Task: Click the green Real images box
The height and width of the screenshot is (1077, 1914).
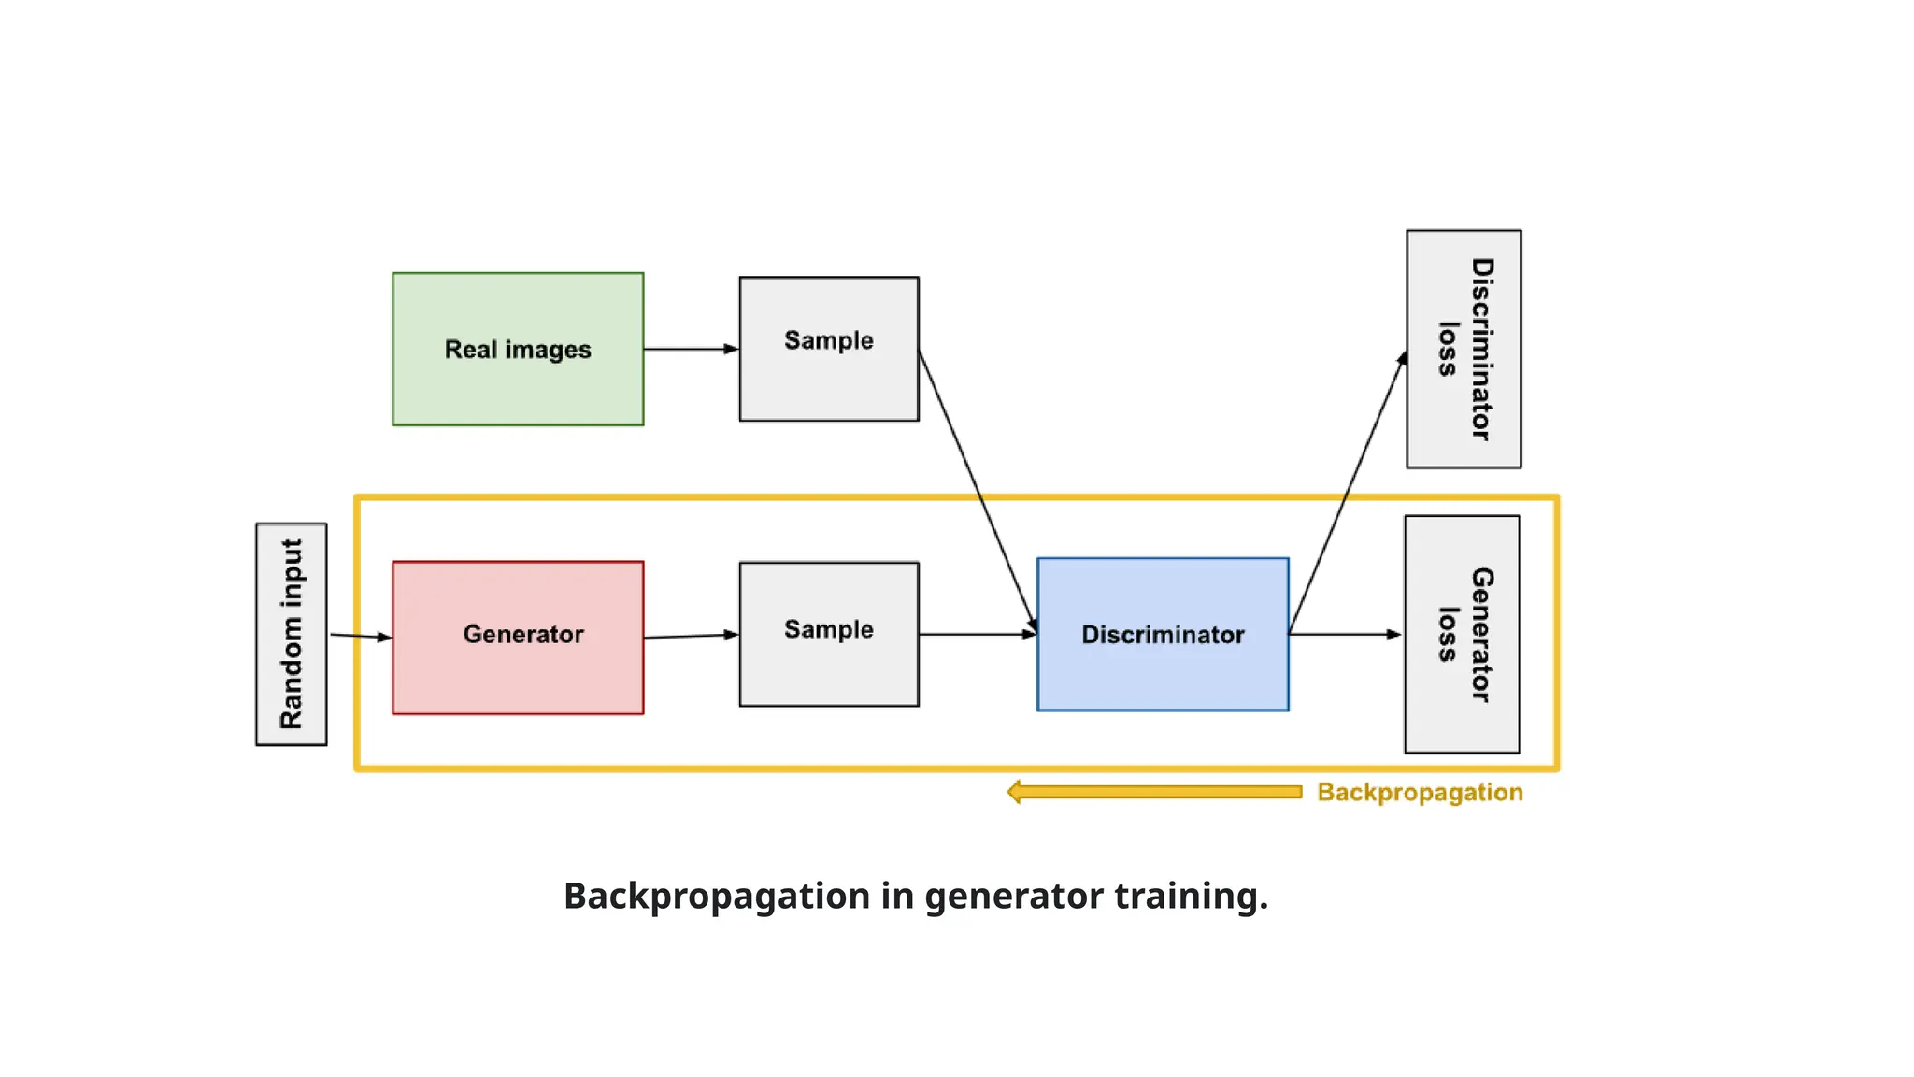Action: coord(518,349)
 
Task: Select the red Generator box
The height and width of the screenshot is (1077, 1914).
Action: coord(518,637)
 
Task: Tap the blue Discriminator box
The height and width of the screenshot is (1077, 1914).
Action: coord(1162,634)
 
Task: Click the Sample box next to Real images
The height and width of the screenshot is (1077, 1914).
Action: coord(828,348)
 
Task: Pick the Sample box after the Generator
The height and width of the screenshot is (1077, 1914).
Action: coord(828,633)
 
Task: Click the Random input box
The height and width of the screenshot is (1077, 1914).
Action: coord(291,633)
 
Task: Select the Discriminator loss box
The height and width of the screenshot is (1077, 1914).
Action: coord(1463,348)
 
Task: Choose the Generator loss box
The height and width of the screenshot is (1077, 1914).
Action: coord(1461,633)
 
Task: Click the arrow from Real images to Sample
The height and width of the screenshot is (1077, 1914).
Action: coord(690,349)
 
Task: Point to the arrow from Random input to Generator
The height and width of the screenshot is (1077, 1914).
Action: coord(360,636)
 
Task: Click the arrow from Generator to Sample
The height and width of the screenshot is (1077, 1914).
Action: coord(690,636)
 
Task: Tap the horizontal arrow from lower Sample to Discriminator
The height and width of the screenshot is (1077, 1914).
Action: coord(977,634)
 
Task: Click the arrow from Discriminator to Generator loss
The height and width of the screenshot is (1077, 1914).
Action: coord(1344,634)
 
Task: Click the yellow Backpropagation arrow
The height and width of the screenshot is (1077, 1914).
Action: coord(1154,792)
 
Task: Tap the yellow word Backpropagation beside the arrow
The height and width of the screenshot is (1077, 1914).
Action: coord(1419,792)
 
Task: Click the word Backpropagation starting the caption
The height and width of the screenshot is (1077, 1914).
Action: coord(716,896)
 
